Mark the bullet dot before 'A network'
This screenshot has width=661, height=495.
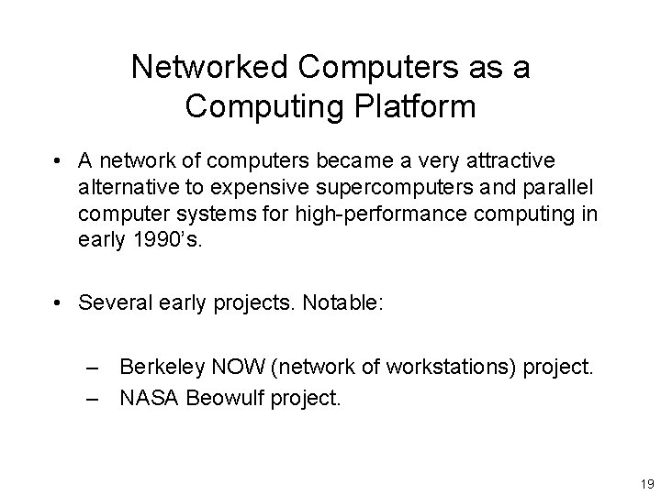click(58, 162)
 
